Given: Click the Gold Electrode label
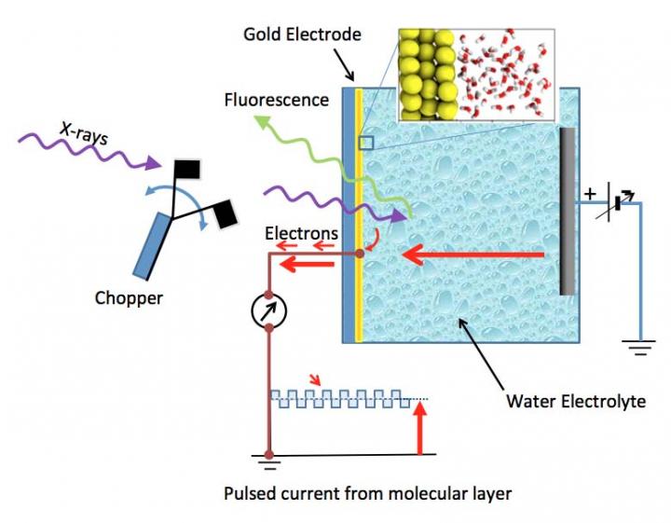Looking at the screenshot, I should (x=302, y=34).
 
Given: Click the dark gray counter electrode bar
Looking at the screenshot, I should (x=567, y=211).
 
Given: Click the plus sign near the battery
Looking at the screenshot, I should (x=590, y=195).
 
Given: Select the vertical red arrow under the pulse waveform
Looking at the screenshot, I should (x=420, y=433).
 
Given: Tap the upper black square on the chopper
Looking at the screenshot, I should (x=186, y=169).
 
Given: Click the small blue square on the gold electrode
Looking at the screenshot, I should (x=366, y=143).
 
